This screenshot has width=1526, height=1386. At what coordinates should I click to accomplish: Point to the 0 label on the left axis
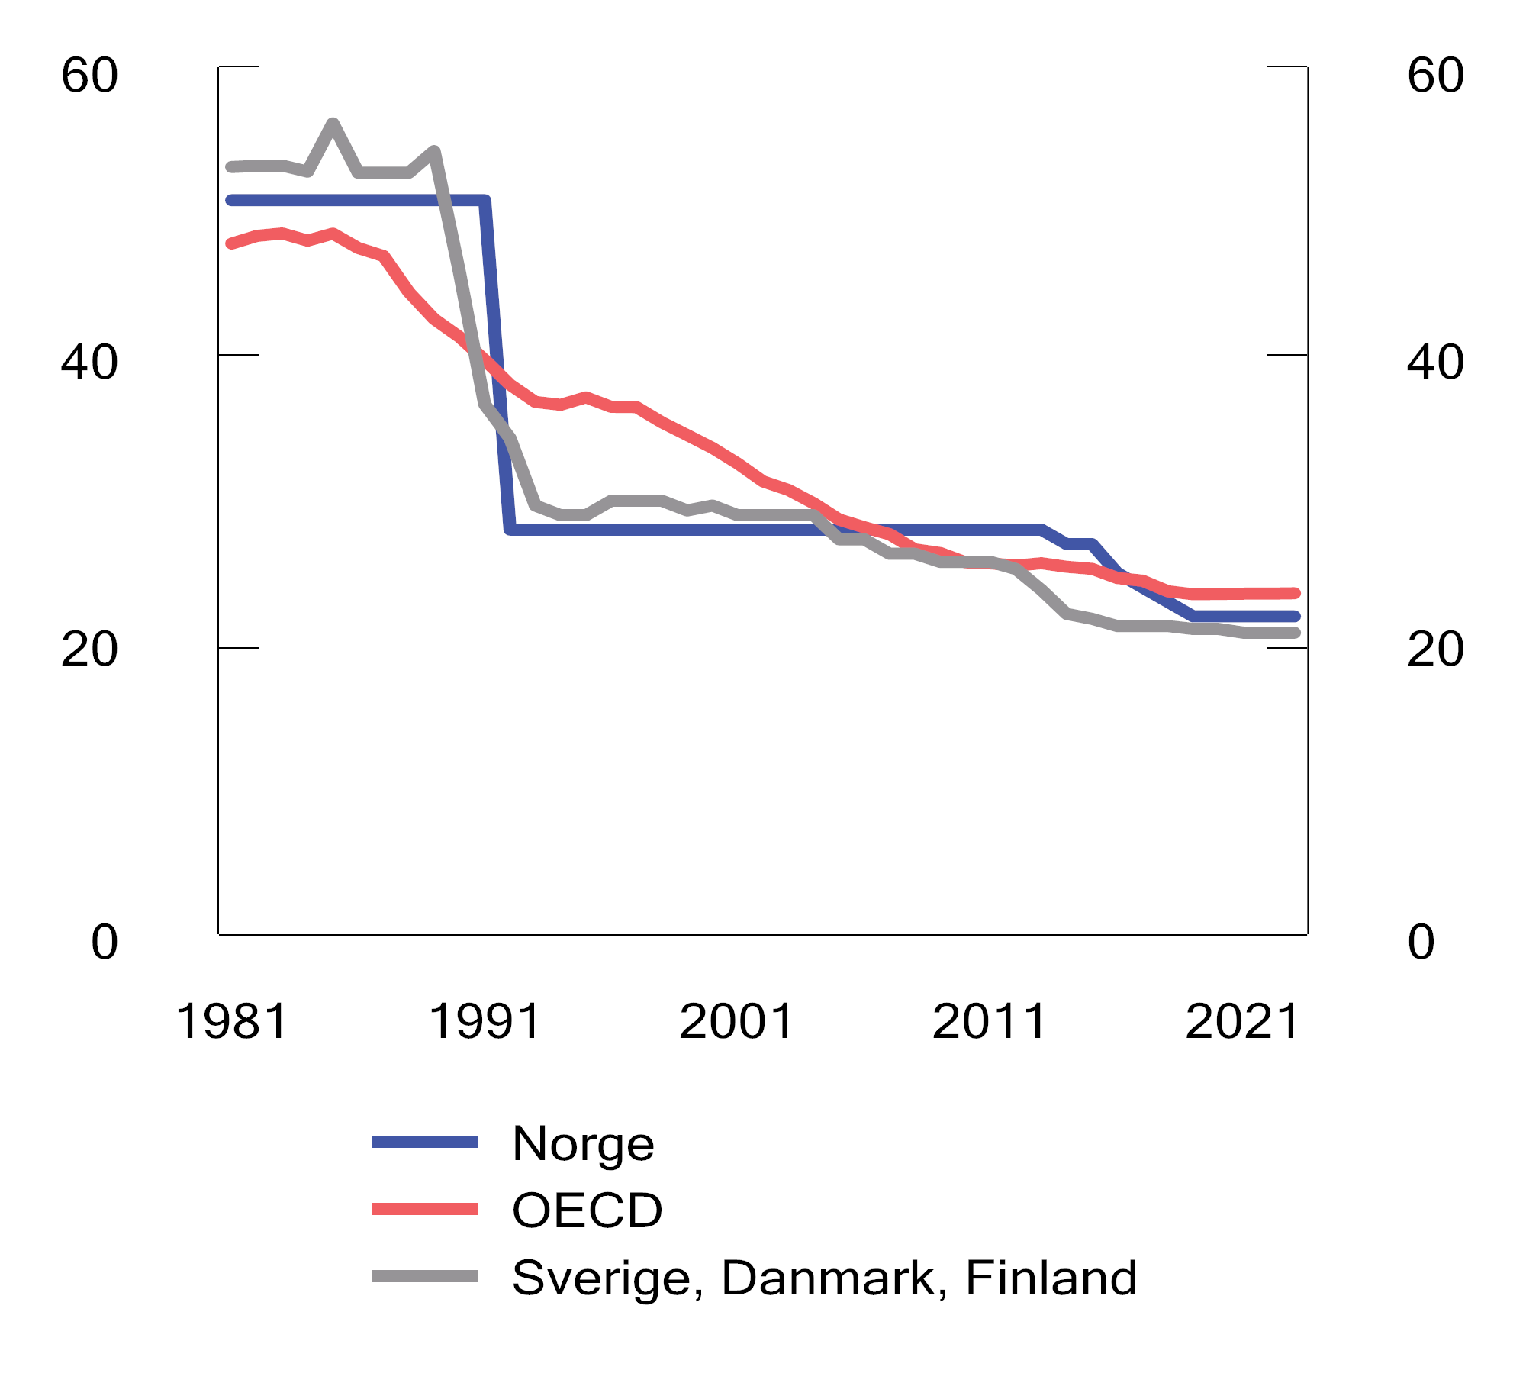[105, 942]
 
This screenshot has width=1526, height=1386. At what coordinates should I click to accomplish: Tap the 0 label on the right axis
[1421, 942]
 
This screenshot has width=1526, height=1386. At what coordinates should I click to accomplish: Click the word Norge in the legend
[583, 1144]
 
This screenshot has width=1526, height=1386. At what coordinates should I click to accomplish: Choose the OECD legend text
[587, 1210]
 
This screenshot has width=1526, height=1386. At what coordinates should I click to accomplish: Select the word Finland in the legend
[1051, 1278]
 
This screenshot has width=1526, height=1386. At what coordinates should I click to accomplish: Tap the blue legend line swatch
[424, 1143]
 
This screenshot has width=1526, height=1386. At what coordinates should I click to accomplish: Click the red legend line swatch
[424, 1209]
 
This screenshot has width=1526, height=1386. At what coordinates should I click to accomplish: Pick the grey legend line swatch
[424, 1276]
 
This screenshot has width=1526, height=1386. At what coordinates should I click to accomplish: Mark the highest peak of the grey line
[333, 124]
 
